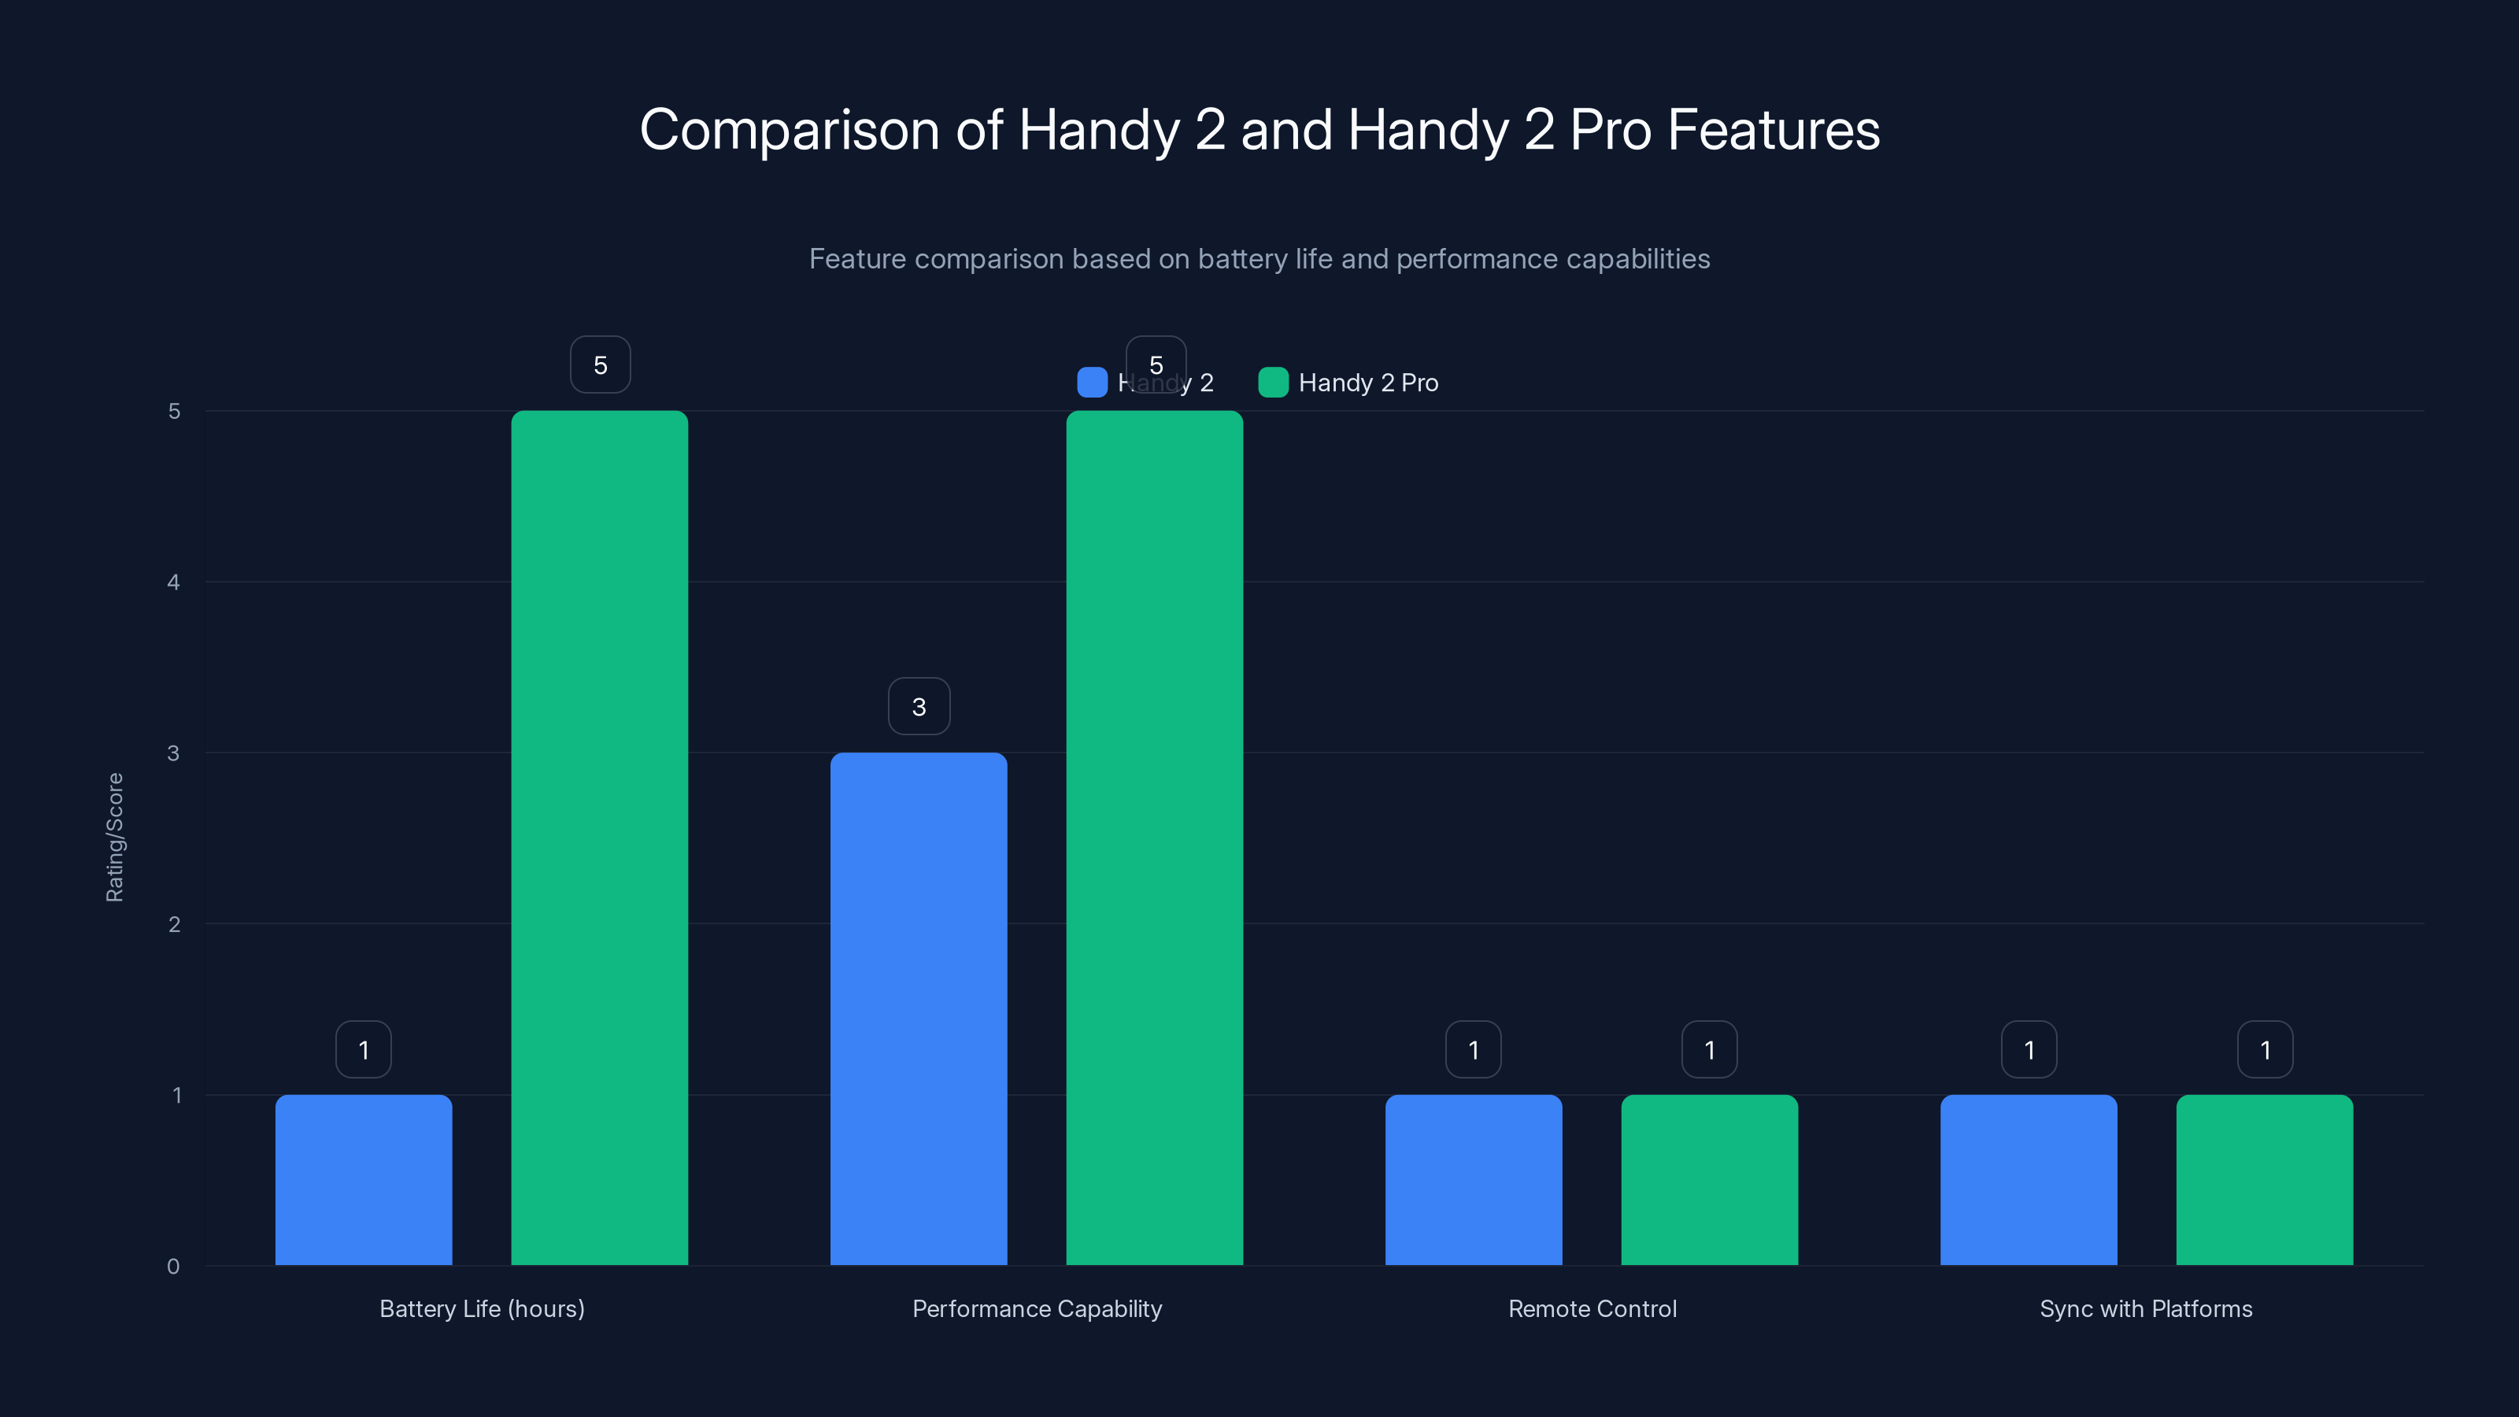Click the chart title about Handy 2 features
coord(1259,130)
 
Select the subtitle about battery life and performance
coord(1259,259)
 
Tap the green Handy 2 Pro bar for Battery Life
coord(599,838)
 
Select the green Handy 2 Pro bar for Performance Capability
coord(1154,838)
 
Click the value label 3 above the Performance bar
coord(918,706)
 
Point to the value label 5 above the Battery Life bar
coord(601,364)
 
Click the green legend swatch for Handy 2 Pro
coord(1273,383)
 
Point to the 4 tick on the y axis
coord(174,583)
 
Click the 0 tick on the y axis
coord(174,1267)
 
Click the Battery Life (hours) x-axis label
coord(482,1308)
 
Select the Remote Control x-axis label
coord(1592,1308)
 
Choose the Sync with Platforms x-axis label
coord(2145,1308)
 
